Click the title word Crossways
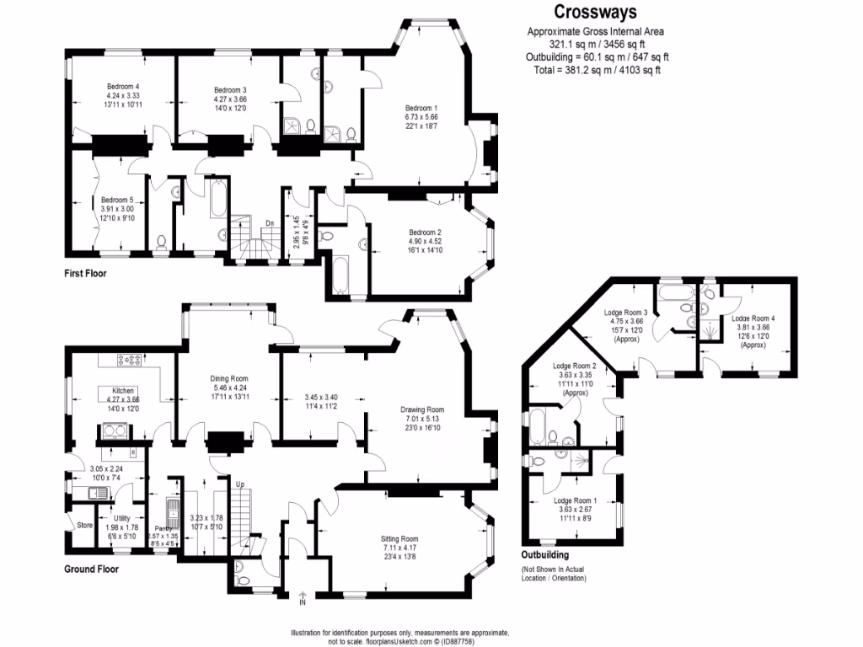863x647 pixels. point(594,12)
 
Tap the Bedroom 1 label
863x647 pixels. point(421,108)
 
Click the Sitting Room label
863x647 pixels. point(398,538)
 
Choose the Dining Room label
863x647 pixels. point(228,378)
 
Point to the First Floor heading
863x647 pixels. point(86,274)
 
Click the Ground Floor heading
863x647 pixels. point(92,569)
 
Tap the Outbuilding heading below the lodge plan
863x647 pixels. point(544,555)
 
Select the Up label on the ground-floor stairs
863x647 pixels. point(239,484)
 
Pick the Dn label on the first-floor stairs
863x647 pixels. point(270,222)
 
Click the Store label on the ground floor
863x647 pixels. point(84,525)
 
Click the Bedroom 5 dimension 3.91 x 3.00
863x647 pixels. point(118,208)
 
